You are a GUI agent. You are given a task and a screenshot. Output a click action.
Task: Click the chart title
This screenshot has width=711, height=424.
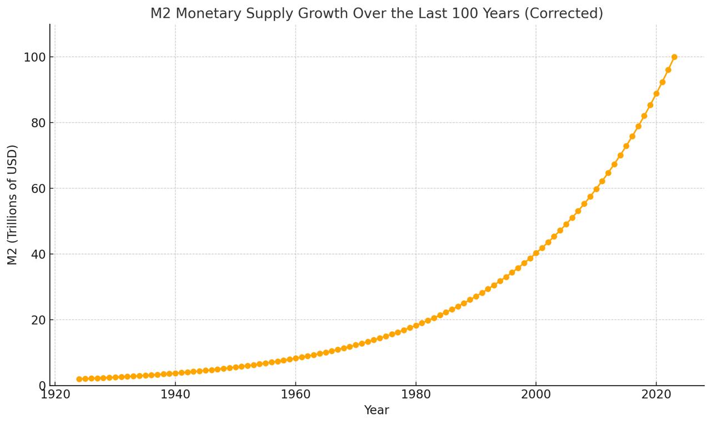point(376,13)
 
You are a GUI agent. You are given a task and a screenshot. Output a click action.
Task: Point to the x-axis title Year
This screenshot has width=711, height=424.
point(376,410)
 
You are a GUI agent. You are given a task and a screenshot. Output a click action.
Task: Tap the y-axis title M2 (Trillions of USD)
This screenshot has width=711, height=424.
point(12,204)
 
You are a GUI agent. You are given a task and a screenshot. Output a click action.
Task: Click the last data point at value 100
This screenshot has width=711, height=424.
point(674,57)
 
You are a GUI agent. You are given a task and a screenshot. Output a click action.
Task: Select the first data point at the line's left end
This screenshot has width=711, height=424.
point(79,379)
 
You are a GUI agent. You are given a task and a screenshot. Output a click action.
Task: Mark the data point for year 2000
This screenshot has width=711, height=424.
point(536,253)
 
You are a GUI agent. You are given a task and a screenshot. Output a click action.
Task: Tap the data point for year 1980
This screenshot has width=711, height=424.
point(415,326)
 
